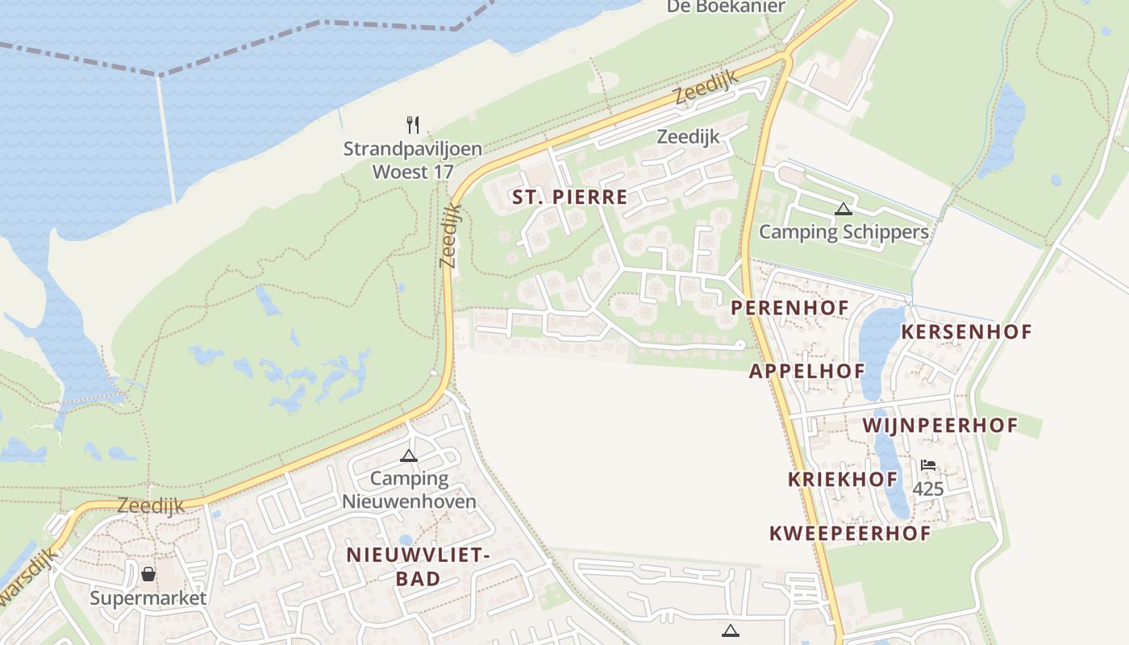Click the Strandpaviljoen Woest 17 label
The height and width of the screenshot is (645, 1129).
click(x=412, y=160)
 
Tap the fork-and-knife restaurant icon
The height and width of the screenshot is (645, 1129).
click(x=413, y=124)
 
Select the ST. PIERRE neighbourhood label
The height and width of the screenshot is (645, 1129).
click(x=569, y=198)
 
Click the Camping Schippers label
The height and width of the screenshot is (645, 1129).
click(x=844, y=232)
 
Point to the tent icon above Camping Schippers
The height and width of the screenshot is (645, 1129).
click(x=843, y=210)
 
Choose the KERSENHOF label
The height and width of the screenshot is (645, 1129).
click(x=966, y=331)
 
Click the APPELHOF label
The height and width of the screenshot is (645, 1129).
click(x=806, y=371)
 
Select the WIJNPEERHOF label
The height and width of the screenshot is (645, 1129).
click(x=940, y=425)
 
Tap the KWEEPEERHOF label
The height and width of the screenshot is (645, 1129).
click(x=850, y=533)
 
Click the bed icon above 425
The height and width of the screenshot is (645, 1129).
click(x=928, y=465)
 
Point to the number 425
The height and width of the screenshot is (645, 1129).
click(x=928, y=489)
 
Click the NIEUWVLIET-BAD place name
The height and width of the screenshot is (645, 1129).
click(x=418, y=566)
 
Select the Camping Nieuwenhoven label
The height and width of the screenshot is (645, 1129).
click(x=409, y=489)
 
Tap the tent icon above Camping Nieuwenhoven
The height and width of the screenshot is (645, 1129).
click(x=409, y=456)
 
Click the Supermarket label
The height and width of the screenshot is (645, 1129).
click(x=148, y=598)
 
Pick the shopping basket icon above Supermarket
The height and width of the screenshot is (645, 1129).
click(x=148, y=574)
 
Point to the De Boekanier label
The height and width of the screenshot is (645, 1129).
click(x=726, y=6)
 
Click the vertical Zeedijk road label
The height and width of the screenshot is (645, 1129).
click(x=451, y=235)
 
